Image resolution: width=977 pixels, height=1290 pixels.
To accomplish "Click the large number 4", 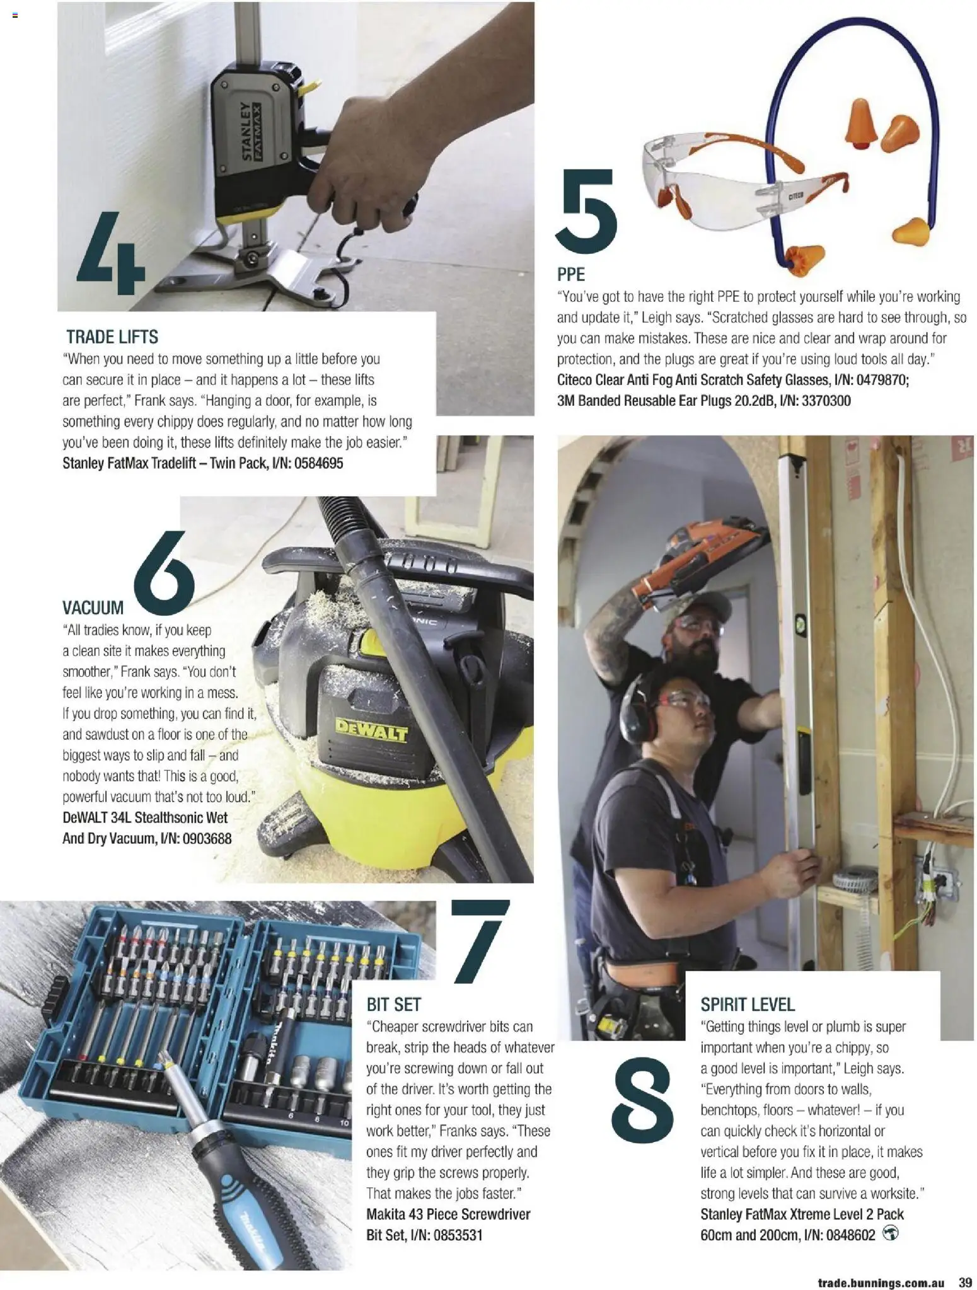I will coord(111,255).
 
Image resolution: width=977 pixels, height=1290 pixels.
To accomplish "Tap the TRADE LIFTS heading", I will coord(112,337).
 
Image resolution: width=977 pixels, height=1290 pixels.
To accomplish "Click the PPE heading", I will coord(571,274).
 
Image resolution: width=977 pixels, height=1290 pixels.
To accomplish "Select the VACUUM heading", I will coord(93,608).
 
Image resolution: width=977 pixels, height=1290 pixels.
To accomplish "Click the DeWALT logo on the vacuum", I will coord(371,732).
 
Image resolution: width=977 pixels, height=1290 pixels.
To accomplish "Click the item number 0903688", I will coord(206,838).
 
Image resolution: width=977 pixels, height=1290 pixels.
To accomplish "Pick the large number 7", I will coord(479,941).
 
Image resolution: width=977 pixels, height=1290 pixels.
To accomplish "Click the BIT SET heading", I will coord(393,1005).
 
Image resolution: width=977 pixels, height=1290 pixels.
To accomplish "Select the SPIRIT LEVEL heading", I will coord(748,1005).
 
